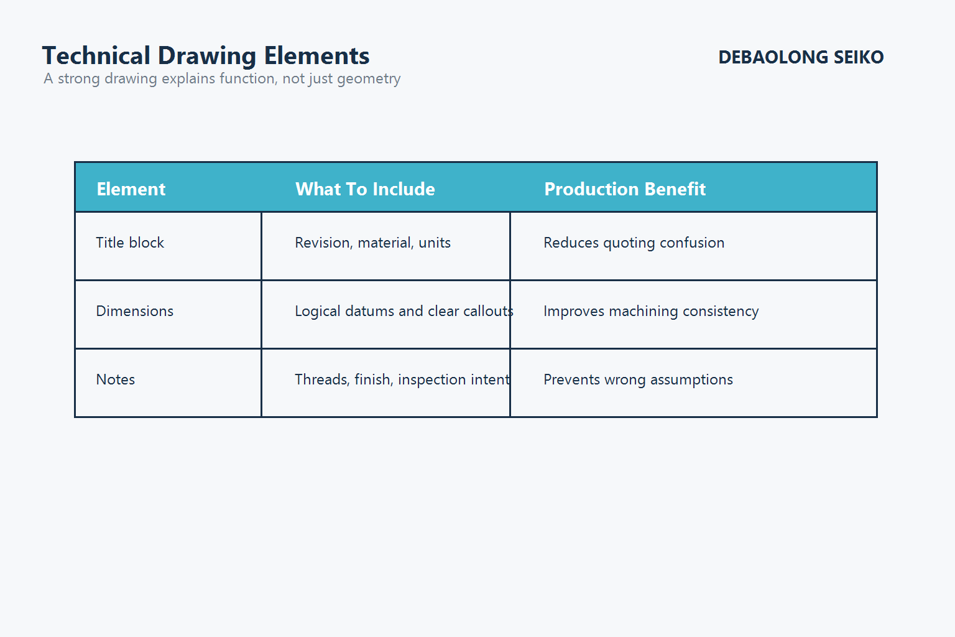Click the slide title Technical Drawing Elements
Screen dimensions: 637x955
click(x=206, y=56)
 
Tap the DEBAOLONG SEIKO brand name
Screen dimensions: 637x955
click(x=801, y=57)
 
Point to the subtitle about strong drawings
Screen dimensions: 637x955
click(x=222, y=79)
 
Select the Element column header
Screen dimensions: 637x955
click(x=131, y=189)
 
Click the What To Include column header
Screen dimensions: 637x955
click(x=365, y=189)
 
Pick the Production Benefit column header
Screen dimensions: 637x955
click(x=625, y=189)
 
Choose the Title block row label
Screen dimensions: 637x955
click(x=130, y=243)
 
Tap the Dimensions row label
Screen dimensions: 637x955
click(x=135, y=311)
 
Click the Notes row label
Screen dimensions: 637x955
click(x=116, y=379)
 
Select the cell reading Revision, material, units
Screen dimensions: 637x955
click(x=372, y=243)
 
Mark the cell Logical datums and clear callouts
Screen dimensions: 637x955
click(x=404, y=311)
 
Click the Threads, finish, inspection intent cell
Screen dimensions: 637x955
click(x=402, y=379)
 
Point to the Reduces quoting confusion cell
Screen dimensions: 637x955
click(x=634, y=243)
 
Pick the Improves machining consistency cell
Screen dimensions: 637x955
click(x=651, y=311)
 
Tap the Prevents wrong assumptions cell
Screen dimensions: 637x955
click(x=638, y=379)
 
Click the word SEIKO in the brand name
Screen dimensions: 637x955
click(x=859, y=57)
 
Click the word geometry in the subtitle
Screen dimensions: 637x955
click(x=369, y=79)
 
